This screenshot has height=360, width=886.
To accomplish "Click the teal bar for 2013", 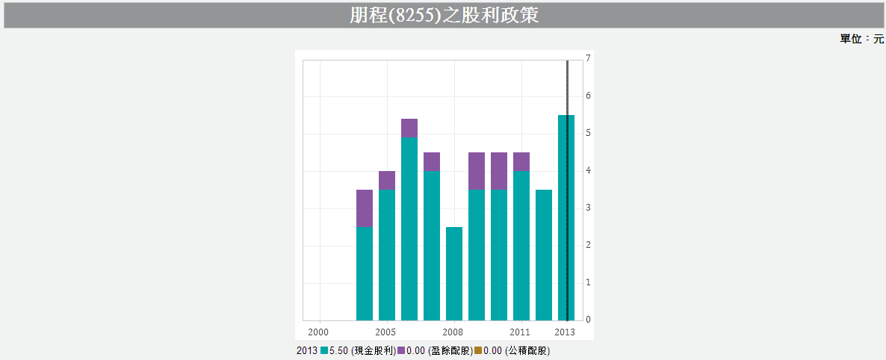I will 566,217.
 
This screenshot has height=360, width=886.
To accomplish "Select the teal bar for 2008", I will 454,273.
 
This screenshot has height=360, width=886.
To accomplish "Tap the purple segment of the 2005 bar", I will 387,180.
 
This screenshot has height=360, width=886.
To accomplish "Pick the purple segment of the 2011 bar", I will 521,161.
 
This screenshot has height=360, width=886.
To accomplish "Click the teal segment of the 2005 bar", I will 387,255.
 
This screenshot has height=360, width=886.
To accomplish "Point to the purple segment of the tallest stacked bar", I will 409,128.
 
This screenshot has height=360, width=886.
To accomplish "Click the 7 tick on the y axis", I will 589,58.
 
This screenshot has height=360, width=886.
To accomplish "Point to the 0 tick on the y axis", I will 589,320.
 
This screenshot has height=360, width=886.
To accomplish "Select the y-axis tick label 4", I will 589,170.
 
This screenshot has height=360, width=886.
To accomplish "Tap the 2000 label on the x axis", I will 318,332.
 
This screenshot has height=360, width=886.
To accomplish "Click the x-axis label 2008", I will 453,332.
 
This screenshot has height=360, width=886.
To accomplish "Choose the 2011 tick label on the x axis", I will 520,332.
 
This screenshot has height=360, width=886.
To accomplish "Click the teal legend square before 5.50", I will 324,350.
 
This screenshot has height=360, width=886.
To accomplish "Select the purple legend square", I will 401,350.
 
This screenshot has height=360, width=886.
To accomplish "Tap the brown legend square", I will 478,350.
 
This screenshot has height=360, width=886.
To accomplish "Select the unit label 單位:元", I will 861,39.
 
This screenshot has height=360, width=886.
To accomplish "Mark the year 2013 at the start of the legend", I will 307,350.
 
